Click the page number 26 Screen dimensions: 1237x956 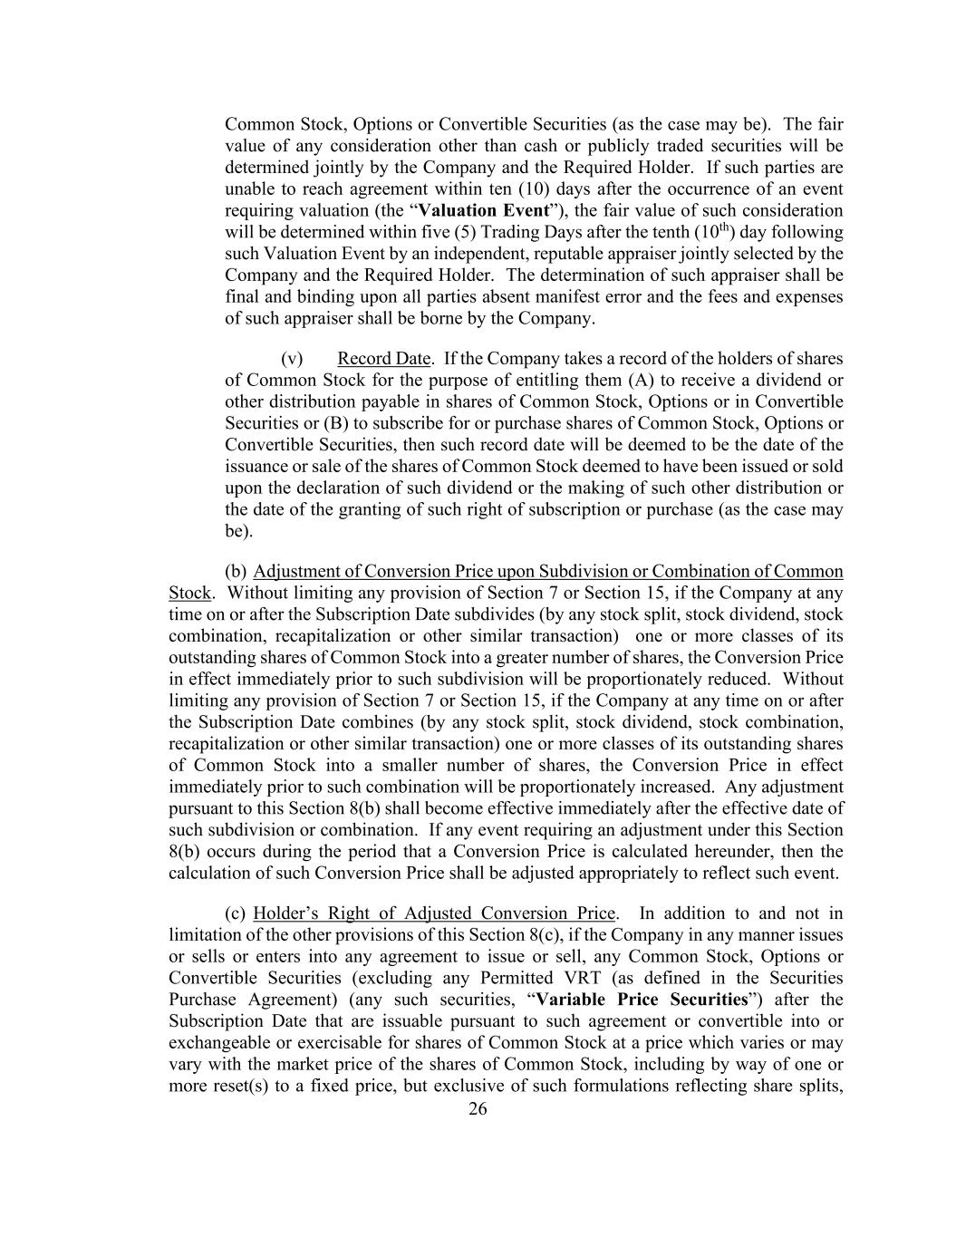pos(478,1109)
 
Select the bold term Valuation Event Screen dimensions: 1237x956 pos(490,211)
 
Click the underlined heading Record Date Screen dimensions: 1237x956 pos(383,359)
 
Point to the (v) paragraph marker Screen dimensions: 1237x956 pos(292,359)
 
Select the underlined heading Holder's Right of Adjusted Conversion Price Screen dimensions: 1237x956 pos(435,913)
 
